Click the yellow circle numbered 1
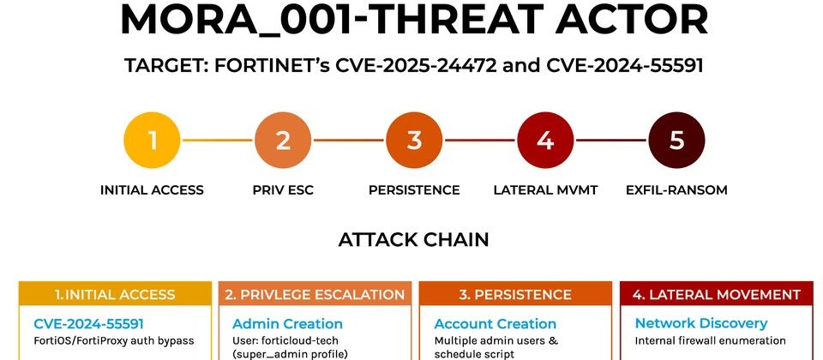pyautogui.click(x=153, y=140)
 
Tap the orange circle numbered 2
pyautogui.click(x=283, y=140)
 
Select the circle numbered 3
pyautogui.click(x=414, y=140)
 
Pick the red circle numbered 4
pyautogui.click(x=545, y=140)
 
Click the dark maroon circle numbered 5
pyautogui.click(x=676, y=140)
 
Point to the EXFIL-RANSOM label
pyautogui.click(x=676, y=190)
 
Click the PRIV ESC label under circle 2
pyautogui.click(x=283, y=190)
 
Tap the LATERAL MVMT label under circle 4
pyautogui.click(x=545, y=190)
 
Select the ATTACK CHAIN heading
pyautogui.click(x=413, y=240)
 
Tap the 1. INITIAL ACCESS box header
pyautogui.click(x=115, y=294)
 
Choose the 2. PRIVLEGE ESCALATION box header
pyautogui.click(x=315, y=294)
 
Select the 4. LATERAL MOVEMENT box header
pyautogui.click(x=717, y=294)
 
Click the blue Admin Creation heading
pyautogui.click(x=288, y=324)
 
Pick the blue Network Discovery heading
pyautogui.click(x=701, y=323)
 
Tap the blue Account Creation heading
pyautogui.click(x=496, y=324)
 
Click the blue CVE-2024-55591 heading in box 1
pyautogui.click(x=88, y=324)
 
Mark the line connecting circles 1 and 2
pyautogui.click(x=217, y=140)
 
